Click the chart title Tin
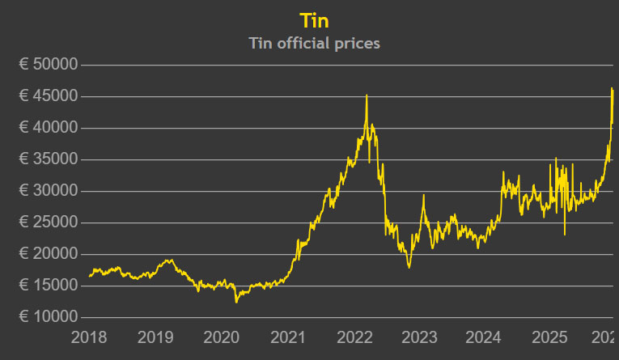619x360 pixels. click(314, 19)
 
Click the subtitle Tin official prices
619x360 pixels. click(314, 43)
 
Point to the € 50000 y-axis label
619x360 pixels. click(49, 65)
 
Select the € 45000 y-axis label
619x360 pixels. click(49, 96)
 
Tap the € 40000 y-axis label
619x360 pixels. click(49, 128)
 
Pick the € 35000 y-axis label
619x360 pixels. click(49, 159)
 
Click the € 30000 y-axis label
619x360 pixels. click(49, 191)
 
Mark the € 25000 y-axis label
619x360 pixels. click(49, 222)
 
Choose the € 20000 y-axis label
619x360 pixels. click(49, 254)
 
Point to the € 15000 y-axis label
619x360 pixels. click(49, 286)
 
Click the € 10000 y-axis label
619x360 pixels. click(49, 317)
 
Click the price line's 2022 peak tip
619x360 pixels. click(367, 95)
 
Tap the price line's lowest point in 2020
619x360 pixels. click(236, 302)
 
